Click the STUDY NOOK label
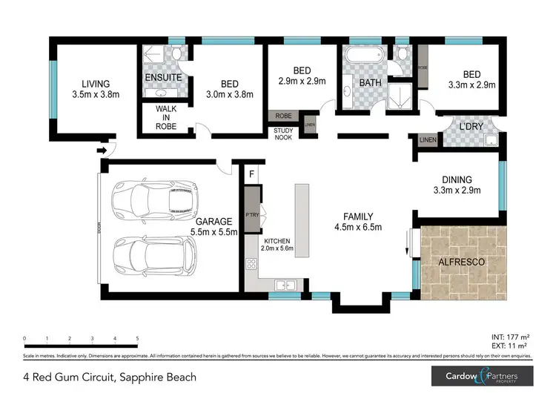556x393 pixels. coord(284,134)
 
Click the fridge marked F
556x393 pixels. coord(252,175)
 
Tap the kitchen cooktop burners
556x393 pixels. coord(251,263)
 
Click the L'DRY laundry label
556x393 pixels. coord(471,127)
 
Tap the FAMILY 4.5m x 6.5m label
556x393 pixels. coord(357,222)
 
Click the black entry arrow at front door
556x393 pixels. coord(102,151)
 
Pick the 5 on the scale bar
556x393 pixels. coord(137,339)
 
